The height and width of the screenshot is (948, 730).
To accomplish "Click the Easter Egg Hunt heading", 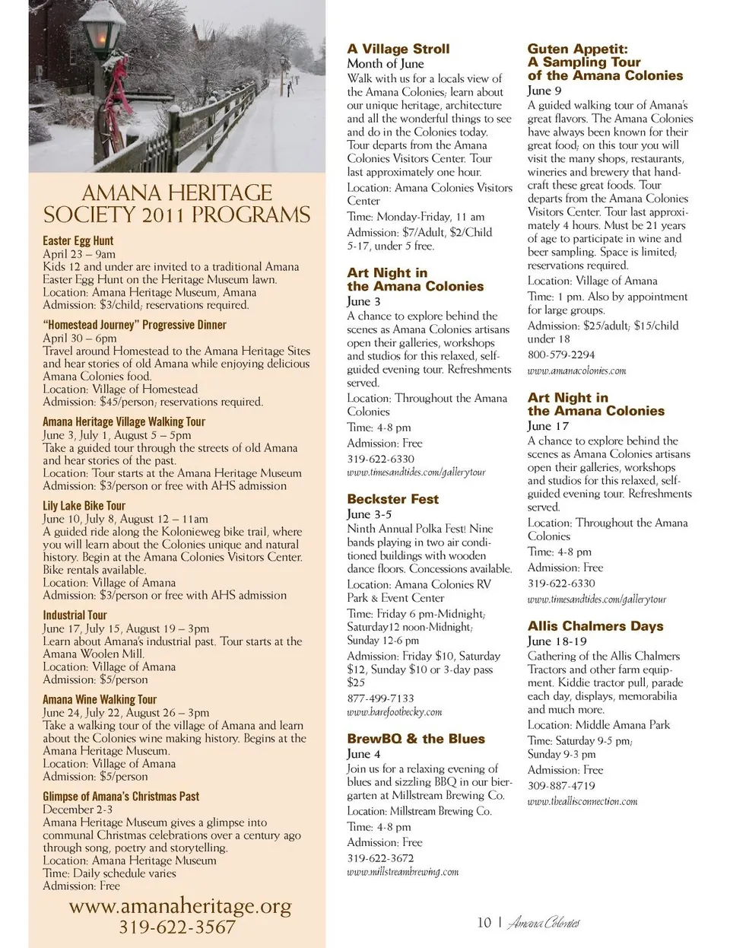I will (x=78, y=240).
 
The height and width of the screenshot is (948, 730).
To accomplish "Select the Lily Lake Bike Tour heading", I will (x=84, y=505).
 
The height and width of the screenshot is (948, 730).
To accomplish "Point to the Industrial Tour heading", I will (x=75, y=615).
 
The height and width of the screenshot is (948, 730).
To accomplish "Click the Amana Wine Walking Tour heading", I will (x=100, y=699).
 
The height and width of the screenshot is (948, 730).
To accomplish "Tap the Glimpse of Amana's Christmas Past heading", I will (x=121, y=796).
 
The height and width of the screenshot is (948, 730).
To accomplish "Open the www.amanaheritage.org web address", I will (x=180, y=905).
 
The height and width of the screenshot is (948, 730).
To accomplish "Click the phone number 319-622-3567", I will (x=177, y=927).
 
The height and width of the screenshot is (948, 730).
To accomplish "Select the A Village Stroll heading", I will (x=398, y=49).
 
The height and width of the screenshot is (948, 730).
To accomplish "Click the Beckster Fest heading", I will (x=392, y=499).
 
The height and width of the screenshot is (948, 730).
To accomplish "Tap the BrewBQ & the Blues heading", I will (x=416, y=738).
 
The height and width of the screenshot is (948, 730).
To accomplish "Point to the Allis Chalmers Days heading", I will (x=595, y=625).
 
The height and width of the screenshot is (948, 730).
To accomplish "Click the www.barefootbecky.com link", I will (x=394, y=712).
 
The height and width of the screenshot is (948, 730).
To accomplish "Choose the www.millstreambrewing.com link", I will (x=403, y=872).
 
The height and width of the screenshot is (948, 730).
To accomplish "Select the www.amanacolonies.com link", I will (x=576, y=371).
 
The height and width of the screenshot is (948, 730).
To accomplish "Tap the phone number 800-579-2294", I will (x=561, y=355).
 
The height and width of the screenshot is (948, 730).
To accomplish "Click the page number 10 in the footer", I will (x=484, y=923).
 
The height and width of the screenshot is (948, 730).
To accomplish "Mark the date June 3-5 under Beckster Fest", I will (x=370, y=514).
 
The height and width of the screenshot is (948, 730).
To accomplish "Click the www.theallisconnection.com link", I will (x=582, y=801).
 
